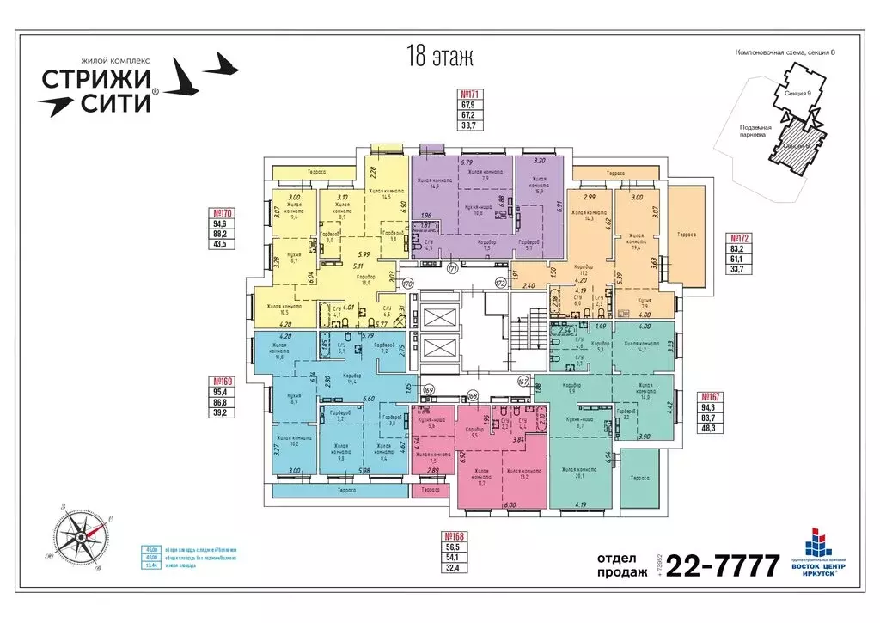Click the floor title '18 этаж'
coord(438,57)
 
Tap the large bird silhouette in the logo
coord(186,77)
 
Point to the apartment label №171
coord(469,95)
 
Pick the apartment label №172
coord(740,237)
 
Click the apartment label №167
coord(710,396)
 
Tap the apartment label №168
coord(450,534)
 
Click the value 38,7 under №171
coord(469,125)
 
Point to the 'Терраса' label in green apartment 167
coord(639,479)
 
